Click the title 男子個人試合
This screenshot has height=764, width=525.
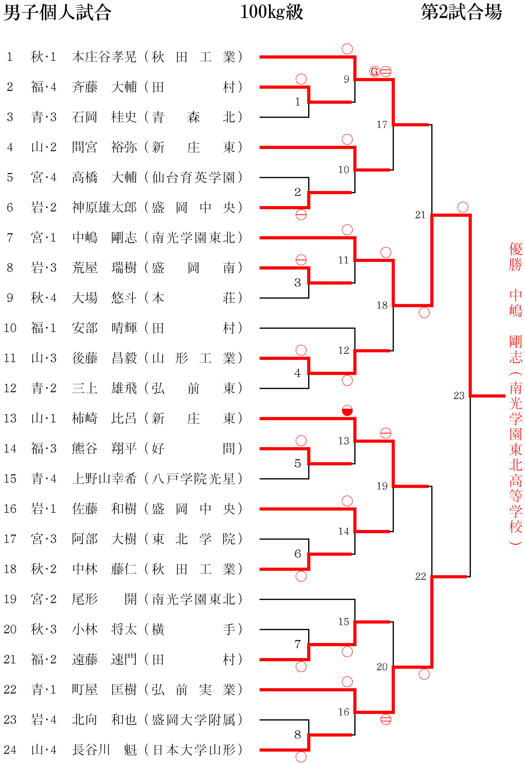(x=58, y=13)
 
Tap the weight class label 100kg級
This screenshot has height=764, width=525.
(x=271, y=12)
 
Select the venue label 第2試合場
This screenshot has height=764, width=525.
(x=461, y=12)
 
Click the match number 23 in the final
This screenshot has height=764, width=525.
(x=459, y=395)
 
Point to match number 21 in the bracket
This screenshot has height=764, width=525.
(x=420, y=215)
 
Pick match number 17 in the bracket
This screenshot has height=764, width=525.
(x=382, y=124)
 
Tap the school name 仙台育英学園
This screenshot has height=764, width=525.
(x=193, y=177)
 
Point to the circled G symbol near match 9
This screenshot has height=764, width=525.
(x=374, y=71)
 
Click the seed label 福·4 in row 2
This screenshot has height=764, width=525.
(x=44, y=87)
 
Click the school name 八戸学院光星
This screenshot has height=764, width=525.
(x=193, y=479)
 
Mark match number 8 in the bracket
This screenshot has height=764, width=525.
(x=298, y=734)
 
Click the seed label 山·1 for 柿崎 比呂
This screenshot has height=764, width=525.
(x=44, y=418)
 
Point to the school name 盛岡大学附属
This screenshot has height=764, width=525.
(x=193, y=720)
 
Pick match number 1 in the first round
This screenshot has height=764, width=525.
(x=298, y=102)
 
